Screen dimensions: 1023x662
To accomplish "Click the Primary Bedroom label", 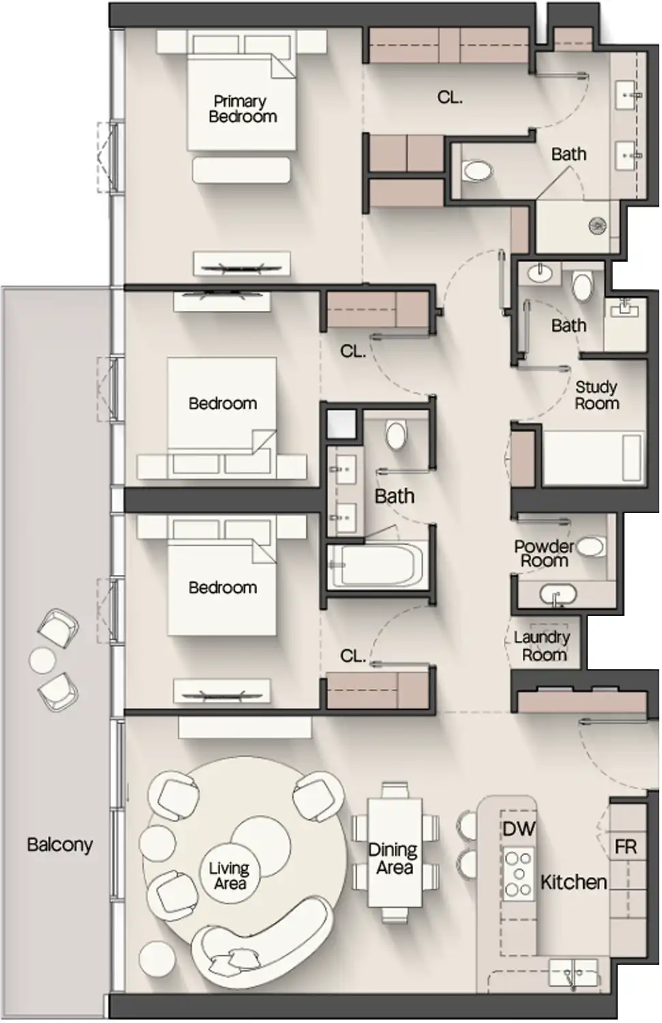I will pyautogui.click(x=242, y=109).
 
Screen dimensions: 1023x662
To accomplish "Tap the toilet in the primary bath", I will pyautogui.click(x=476, y=170).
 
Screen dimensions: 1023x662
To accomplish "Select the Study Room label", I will pyautogui.click(x=597, y=396).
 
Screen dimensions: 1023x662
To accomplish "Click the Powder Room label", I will pyautogui.click(x=544, y=554).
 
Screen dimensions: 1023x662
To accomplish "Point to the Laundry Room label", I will pyautogui.click(x=543, y=646).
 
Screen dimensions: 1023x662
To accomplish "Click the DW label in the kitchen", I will pyautogui.click(x=519, y=829).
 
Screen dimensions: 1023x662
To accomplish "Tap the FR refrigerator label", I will pyautogui.click(x=625, y=847).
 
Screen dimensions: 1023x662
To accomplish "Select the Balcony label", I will pyautogui.click(x=59, y=844).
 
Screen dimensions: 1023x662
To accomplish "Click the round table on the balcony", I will pyautogui.click(x=42, y=659).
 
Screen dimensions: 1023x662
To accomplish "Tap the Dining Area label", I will pyautogui.click(x=393, y=859).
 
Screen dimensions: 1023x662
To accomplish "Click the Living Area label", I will pyautogui.click(x=229, y=876).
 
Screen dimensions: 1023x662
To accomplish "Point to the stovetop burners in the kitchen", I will pyautogui.click(x=518, y=874).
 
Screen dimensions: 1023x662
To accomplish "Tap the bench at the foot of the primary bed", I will pyautogui.click(x=242, y=170).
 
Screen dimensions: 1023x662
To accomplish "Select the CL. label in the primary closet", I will pyautogui.click(x=449, y=98).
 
